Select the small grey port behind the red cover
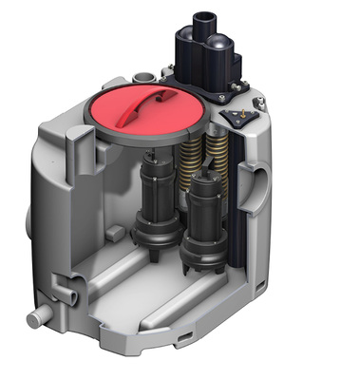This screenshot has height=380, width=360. (142, 75)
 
